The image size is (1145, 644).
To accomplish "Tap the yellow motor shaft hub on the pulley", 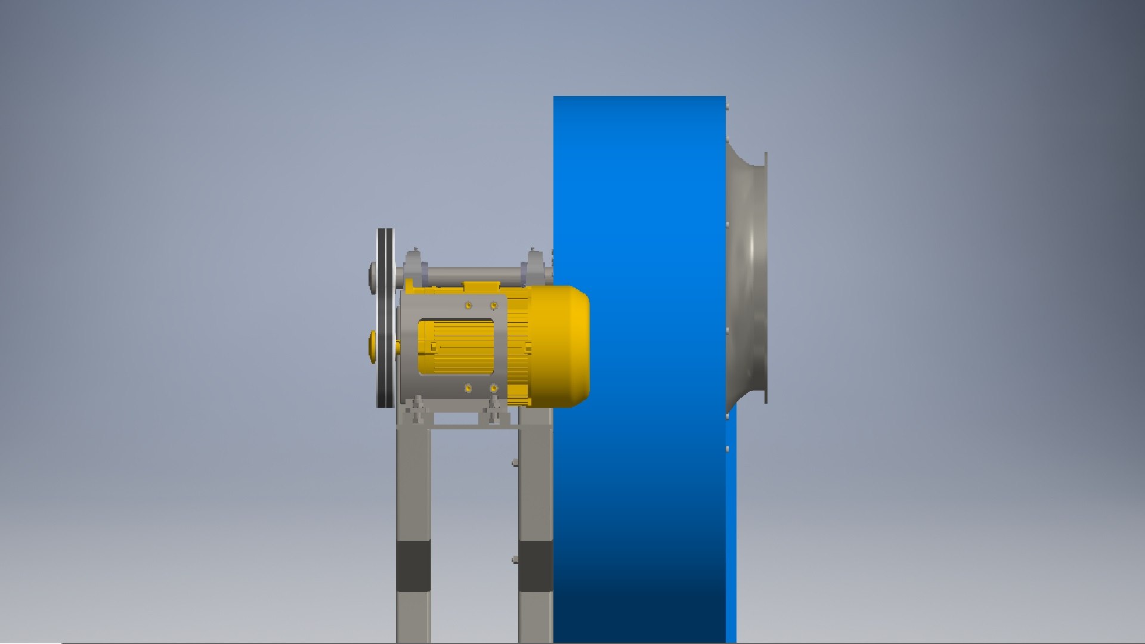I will tap(373, 346).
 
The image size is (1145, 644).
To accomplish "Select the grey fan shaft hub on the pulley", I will tap(373, 278).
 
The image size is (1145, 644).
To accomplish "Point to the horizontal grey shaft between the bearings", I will tap(471, 275).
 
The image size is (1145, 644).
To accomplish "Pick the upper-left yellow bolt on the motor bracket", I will tap(468, 305).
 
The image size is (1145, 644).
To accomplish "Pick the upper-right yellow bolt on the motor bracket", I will tap(494, 305).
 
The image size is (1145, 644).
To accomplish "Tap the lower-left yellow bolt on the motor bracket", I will tap(468, 389).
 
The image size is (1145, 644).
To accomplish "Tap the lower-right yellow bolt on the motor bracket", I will tap(494, 389).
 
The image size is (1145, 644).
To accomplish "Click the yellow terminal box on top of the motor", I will tap(482, 287).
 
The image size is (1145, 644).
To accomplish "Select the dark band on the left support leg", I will tap(413, 565).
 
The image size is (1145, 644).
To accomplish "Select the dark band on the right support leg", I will tap(535, 565).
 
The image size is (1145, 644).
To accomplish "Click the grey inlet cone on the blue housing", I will tap(745, 274).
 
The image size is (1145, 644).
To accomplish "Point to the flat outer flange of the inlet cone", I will tap(765, 277).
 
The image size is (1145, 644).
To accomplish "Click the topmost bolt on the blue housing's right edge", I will tap(728, 107).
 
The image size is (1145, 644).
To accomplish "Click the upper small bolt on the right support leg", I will tap(515, 462).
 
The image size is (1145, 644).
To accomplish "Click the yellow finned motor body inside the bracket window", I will tap(456, 347).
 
